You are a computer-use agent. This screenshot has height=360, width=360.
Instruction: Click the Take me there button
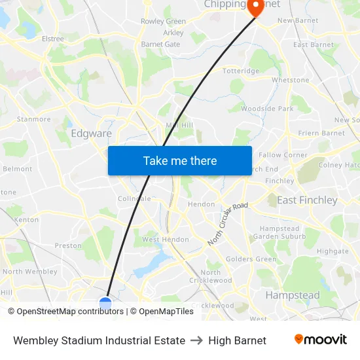click(x=179, y=160)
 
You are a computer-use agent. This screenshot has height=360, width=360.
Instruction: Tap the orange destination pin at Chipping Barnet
click(x=254, y=7)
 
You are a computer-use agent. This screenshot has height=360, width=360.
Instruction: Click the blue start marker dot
click(x=105, y=303)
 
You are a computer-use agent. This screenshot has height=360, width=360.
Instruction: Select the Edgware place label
click(x=91, y=134)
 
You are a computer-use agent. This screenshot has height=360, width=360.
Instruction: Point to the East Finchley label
click(x=307, y=200)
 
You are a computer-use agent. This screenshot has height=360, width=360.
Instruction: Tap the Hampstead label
click(x=292, y=295)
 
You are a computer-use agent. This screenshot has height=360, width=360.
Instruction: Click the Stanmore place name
click(x=33, y=119)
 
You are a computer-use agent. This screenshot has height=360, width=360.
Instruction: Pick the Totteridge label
click(x=241, y=71)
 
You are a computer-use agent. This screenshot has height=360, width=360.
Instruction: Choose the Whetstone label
click(x=290, y=81)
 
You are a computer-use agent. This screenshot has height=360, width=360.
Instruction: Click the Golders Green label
click(x=251, y=259)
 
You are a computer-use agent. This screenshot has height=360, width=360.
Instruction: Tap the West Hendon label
click(x=166, y=240)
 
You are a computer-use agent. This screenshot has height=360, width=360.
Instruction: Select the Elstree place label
click(x=52, y=39)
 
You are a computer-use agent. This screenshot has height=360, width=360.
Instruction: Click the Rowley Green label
click(x=163, y=22)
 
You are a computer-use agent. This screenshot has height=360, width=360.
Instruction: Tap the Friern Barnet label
click(x=321, y=133)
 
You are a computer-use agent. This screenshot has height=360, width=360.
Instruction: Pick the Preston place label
click(x=68, y=246)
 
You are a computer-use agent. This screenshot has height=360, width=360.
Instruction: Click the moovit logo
click(x=320, y=340)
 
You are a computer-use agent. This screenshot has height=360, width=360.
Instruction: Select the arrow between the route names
click(x=196, y=340)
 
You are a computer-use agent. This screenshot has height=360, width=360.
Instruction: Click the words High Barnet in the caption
click(x=237, y=340)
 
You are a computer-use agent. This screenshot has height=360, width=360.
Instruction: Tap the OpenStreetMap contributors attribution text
click(x=70, y=312)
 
